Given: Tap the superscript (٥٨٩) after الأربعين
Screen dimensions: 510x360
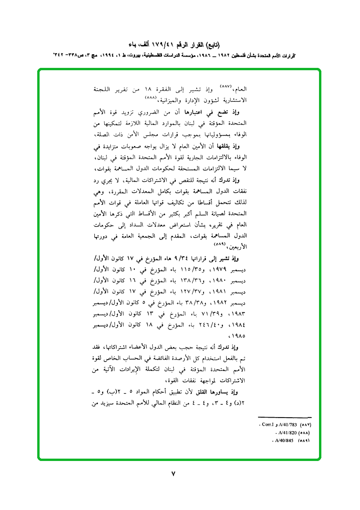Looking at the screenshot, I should click(x=222, y=244).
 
